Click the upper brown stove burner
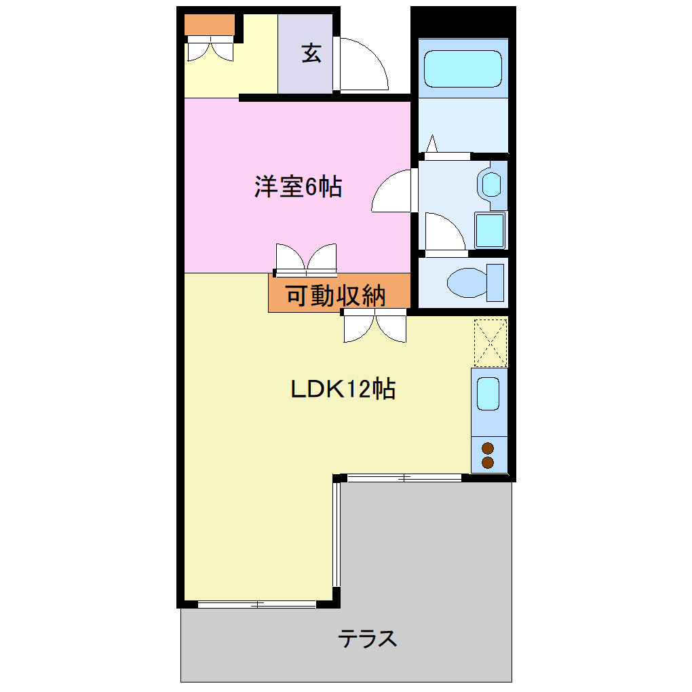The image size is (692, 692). tap(487, 448)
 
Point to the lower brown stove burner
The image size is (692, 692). tap(487, 462)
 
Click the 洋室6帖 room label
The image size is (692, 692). tap(298, 187)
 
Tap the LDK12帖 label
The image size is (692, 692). tap(343, 389)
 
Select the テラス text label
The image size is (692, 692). tap(368, 638)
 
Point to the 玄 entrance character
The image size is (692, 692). tap(311, 54)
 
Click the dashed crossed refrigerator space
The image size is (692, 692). tap(490, 343)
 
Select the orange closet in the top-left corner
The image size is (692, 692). tap(210, 25)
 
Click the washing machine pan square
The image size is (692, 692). tap(490, 231)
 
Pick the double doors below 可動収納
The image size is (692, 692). tap(374, 326)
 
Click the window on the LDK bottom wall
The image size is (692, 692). tap(256, 604)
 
